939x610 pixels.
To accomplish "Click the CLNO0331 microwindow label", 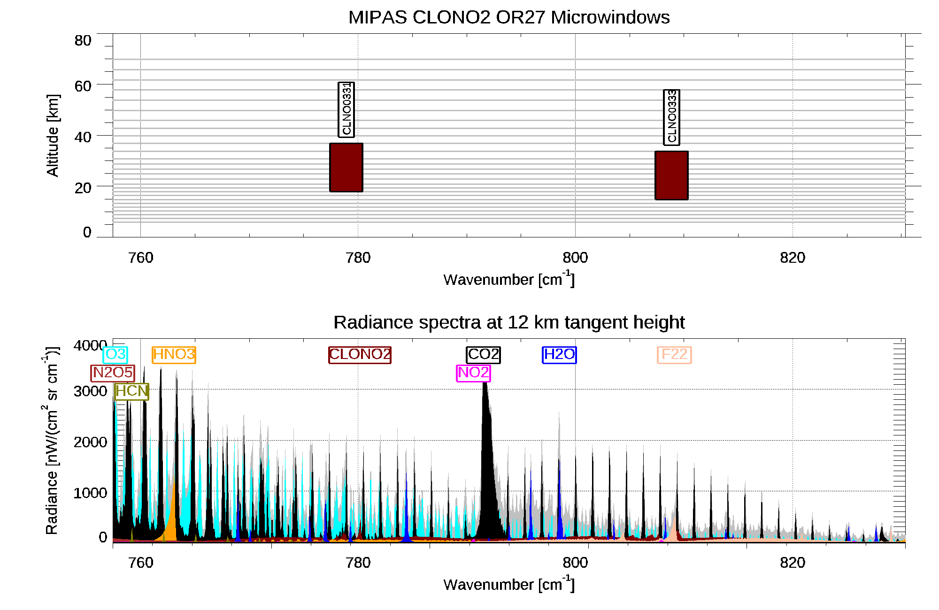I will click(346, 109).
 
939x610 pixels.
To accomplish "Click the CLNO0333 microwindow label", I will click(671, 117).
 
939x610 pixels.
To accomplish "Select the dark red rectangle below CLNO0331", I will click(346, 168).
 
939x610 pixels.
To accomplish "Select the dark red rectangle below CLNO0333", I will click(671, 175).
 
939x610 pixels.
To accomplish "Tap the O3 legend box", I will click(115, 354).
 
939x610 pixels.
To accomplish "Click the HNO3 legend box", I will click(174, 354).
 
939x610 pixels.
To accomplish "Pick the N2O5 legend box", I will click(113, 373).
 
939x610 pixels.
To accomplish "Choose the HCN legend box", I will click(131, 391).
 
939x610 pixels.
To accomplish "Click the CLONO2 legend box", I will click(360, 354).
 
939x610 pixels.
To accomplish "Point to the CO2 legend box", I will click(483, 354).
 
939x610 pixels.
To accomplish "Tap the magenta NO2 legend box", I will click(473, 373).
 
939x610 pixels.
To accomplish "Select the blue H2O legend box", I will click(559, 354).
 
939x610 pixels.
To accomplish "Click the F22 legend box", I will click(674, 354).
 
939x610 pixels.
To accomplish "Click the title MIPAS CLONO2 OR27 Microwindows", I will click(509, 17).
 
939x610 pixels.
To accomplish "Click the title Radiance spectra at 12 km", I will click(509, 322).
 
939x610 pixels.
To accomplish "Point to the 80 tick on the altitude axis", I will click(83, 41).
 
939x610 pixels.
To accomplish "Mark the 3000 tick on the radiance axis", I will click(90, 391).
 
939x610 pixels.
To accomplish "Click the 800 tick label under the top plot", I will click(575, 258).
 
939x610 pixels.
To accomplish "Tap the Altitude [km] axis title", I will click(53, 135).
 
